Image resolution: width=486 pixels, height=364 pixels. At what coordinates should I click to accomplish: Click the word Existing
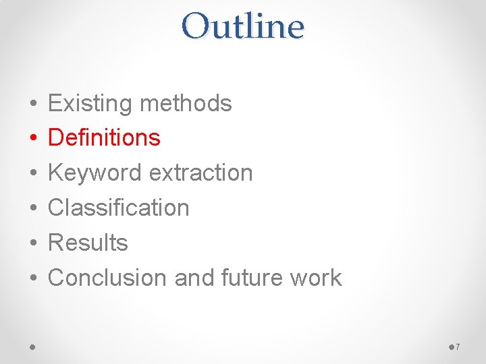pos(90,103)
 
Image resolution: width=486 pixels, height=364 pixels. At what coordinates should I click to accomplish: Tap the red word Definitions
pos(104,138)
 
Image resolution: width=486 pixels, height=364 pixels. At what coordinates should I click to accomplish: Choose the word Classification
pos(119,208)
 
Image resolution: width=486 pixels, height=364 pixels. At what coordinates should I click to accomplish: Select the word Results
pos(88,243)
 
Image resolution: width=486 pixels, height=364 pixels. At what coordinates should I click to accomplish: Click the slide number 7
pos(457,347)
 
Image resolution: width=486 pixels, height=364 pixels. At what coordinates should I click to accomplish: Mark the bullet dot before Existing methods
pos(33,104)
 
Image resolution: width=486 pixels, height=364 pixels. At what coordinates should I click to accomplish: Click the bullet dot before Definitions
pos(33,139)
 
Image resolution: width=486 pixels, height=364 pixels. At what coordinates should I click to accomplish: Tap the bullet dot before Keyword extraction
pos(33,174)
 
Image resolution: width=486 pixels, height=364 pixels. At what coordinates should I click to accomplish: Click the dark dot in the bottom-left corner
pos(33,347)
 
